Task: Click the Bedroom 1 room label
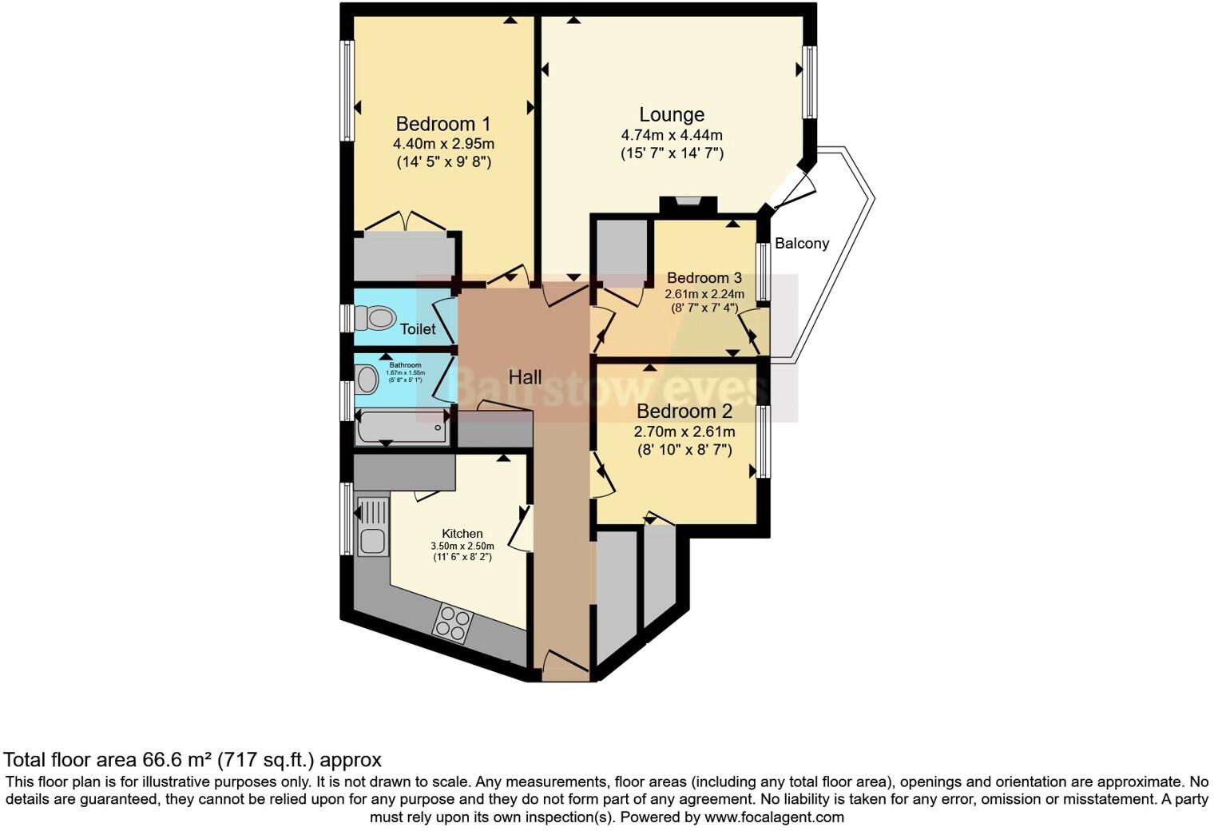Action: point(443,124)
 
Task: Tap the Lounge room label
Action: point(672,114)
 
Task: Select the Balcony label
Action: point(802,243)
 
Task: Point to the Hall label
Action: point(525,377)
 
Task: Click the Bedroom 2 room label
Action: point(684,412)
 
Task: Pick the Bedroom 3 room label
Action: point(704,278)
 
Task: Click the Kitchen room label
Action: point(462,534)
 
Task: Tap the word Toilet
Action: point(418,329)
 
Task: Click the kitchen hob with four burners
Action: point(453,623)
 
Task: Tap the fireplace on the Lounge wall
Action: point(688,203)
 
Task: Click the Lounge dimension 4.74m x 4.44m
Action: point(672,135)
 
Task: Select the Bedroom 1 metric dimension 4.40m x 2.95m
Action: point(443,144)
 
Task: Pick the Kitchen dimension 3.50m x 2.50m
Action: point(462,547)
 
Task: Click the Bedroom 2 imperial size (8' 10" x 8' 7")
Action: point(684,450)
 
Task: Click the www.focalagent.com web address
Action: point(774,817)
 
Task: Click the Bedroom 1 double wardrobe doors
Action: point(407,221)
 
